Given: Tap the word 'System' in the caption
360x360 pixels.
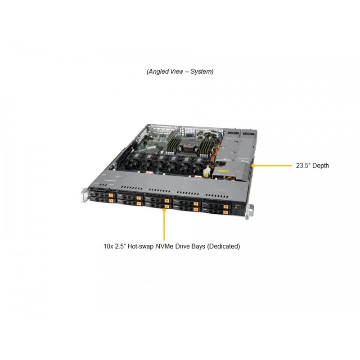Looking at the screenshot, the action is [x=202, y=72].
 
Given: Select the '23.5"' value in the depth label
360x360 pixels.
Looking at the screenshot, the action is [x=303, y=165].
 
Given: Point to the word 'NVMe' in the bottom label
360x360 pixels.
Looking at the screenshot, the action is [x=165, y=246].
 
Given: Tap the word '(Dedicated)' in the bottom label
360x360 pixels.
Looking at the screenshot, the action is [x=223, y=246].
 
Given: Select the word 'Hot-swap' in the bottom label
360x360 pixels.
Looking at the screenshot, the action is [x=140, y=246].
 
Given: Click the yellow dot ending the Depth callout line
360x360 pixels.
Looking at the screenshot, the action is [x=253, y=165].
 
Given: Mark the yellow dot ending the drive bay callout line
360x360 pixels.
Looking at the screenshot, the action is [x=164, y=210].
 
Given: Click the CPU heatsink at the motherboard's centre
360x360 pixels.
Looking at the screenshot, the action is [x=188, y=145].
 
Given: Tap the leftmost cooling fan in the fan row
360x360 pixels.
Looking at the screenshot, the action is [x=134, y=160].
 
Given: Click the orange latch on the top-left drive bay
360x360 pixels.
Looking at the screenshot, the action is [x=111, y=195].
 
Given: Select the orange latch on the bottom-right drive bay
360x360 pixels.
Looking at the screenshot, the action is [x=225, y=212].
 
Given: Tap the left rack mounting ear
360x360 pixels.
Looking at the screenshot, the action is [x=84, y=195].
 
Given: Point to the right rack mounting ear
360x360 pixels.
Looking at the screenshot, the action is [x=250, y=211].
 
